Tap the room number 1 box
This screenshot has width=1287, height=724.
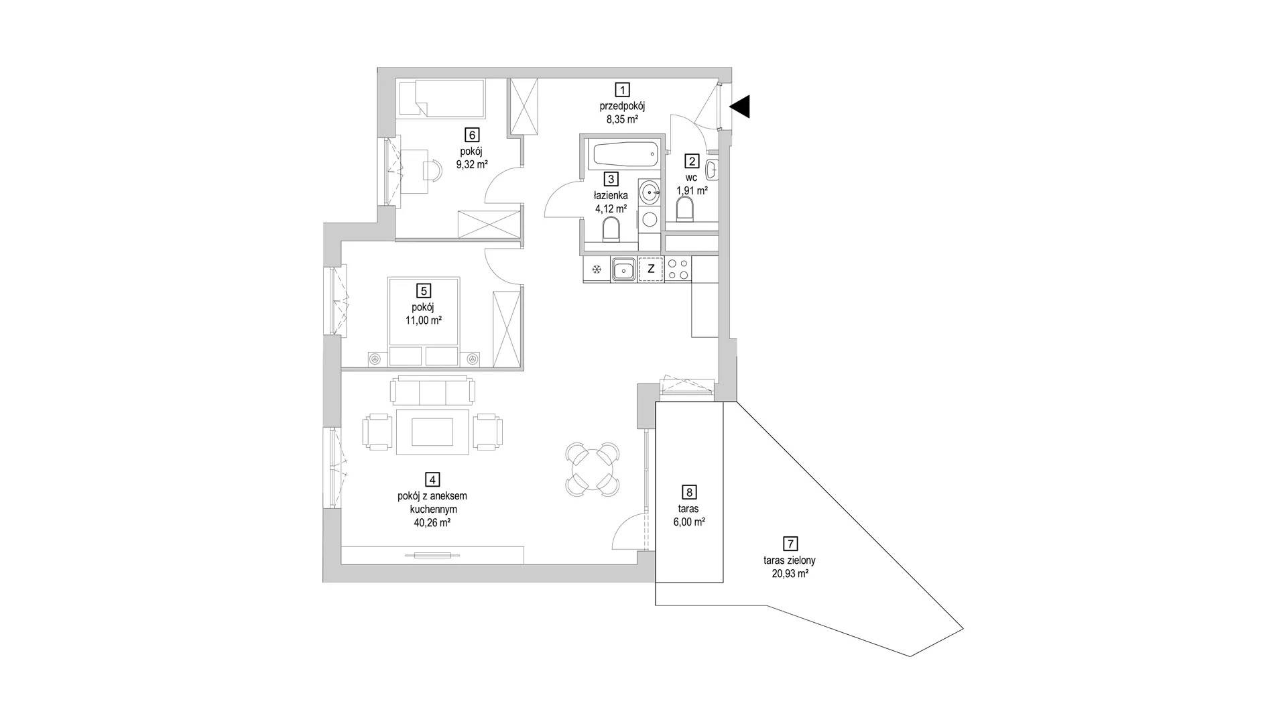point(623,89)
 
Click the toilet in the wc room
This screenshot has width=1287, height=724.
point(684,210)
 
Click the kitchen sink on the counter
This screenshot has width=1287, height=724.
point(623,269)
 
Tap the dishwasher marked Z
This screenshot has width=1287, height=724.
point(650,269)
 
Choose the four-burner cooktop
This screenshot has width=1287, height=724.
point(678,269)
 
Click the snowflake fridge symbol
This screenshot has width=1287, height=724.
point(596,269)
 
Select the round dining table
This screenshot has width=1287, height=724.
point(594,469)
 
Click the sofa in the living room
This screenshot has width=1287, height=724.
point(433,390)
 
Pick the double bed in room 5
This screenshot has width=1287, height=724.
point(424,322)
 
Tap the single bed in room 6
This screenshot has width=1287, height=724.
point(440,99)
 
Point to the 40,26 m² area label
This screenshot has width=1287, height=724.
point(432,522)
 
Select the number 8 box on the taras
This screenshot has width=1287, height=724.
point(688,492)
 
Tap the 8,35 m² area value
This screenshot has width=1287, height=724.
point(623,119)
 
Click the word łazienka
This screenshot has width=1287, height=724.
point(611,195)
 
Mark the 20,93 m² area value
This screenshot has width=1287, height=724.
point(790,573)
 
